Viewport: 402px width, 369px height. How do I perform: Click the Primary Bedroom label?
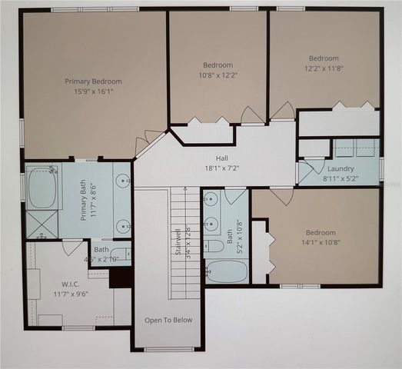point(93,81)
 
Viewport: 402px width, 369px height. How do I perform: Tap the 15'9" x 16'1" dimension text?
point(93,91)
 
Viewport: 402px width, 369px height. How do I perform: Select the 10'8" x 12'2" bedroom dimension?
point(218,75)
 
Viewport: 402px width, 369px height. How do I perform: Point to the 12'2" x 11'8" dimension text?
point(324,68)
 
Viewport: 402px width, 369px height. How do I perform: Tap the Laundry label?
point(340,169)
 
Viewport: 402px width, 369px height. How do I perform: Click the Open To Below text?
point(169,320)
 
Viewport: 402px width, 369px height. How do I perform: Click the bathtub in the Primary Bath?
point(42,189)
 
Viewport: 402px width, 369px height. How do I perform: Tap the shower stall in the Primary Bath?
point(42,224)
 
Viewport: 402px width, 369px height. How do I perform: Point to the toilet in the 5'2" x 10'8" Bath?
point(215,246)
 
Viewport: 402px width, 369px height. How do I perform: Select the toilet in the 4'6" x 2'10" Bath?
point(119,253)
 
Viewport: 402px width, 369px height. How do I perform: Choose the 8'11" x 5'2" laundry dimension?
point(340,178)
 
